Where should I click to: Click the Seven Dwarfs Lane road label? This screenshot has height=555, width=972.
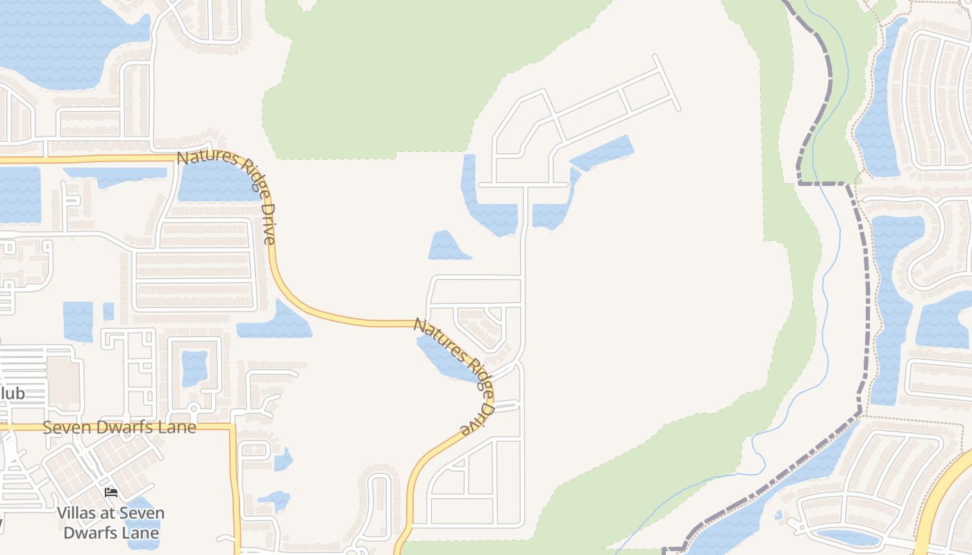[x=119, y=427]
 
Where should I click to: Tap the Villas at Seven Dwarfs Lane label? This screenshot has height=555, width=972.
[x=111, y=523]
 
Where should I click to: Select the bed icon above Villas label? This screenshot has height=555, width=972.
[x=111, y=493]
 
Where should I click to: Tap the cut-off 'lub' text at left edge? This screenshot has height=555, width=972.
[x=12, y=393]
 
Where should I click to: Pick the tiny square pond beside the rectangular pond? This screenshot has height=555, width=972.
[x=108, y=311]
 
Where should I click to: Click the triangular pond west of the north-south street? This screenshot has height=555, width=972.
[x=447, y=247]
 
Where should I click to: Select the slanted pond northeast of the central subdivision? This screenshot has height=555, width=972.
[x=603, y=153]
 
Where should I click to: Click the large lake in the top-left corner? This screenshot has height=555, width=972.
[x=56, y=42]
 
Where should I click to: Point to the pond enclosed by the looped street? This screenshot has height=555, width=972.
[x=194, y=368]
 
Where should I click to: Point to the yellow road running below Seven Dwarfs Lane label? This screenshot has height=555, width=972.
[x=234, y=486]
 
